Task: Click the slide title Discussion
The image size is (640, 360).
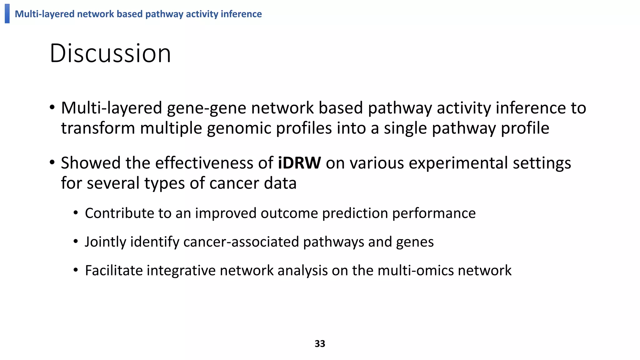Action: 110,53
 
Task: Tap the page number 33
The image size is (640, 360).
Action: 320,343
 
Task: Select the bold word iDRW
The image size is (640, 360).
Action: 299,163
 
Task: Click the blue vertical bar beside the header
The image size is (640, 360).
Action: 7,13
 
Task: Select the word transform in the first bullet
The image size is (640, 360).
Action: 98,128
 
